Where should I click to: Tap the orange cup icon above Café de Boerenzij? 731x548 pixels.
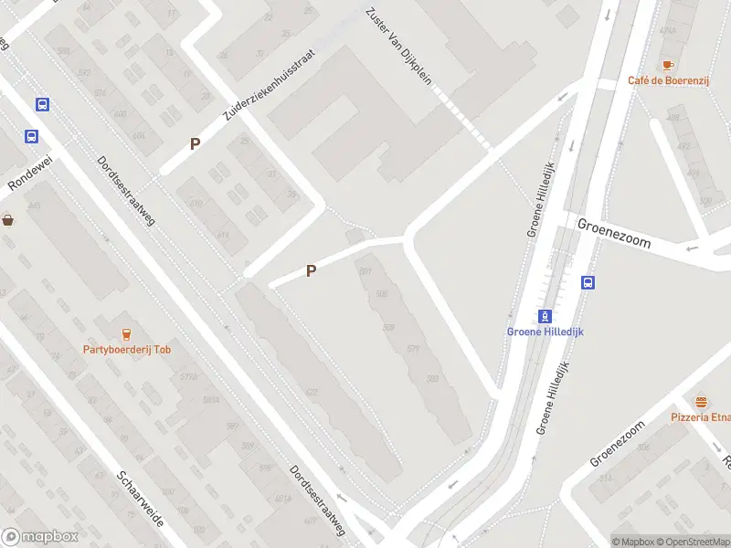[x=667, y=64]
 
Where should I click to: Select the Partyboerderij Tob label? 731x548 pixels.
[x=127, y=349]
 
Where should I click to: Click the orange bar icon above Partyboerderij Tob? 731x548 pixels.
[x=126, y=333]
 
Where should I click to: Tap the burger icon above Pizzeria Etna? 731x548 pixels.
[x=701, y=402]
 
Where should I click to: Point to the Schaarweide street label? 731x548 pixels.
[x=140, y=501]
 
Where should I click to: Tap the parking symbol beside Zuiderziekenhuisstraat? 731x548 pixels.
[x=194, y=143]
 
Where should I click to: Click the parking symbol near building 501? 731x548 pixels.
[x=311, y=270]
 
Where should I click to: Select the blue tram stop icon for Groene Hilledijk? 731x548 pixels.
[x=545, y=316]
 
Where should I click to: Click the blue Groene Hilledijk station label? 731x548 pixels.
[x=545, y=332]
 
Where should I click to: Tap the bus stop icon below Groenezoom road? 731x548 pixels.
[x=588, y=282]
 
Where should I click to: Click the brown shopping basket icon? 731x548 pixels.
[x=8, y=219]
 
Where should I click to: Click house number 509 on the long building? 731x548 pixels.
[x=388, y=328]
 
